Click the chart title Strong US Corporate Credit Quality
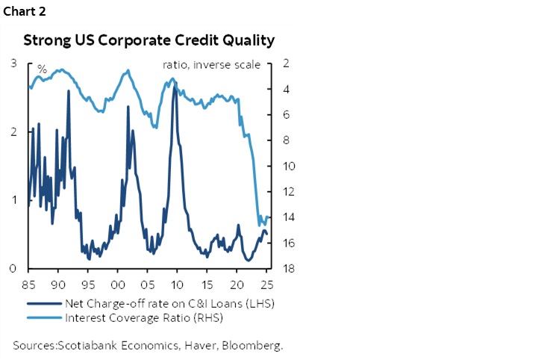[149, 40]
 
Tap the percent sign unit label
[43, 69]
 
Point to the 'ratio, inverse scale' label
[211, 65]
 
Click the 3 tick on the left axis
[13, 63]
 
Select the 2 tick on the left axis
[13, 131]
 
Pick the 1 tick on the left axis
[13, 199]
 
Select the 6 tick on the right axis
[286, 115]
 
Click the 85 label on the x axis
[28, 285]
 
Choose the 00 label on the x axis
[117, 285]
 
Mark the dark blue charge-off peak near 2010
[175, 87]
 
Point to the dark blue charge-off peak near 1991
[69, 91]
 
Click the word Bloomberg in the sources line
[255, 345]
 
